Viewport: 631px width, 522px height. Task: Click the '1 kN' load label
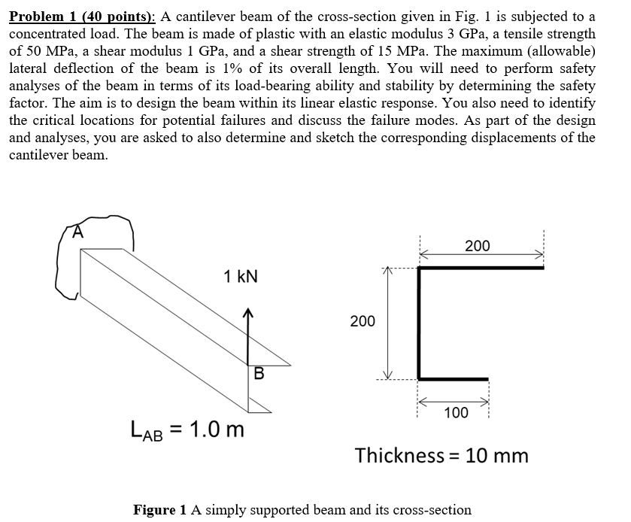(x=241, y=276)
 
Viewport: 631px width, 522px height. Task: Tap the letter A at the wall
(x=77, y=232)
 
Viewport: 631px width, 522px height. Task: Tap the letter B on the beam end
(x=259, y=372)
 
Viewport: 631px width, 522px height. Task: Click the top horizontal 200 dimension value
(x=477, y=246)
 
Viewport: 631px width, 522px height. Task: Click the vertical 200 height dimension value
(x=363, y=321)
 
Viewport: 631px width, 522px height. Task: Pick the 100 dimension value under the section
(x=456, y=412)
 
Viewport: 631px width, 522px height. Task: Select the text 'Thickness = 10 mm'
(x=441, y=455)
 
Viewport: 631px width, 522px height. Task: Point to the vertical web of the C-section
(x=419, y=323)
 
